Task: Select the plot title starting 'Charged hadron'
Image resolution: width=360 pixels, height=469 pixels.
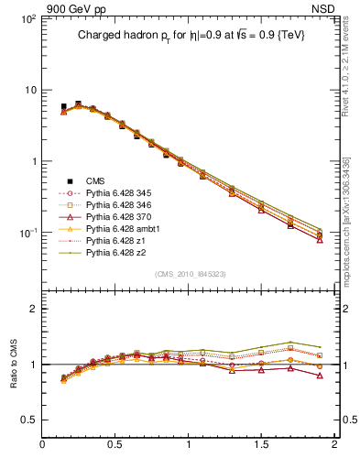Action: point(191,35)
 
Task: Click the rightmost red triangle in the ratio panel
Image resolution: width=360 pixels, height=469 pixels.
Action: point(320,376)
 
